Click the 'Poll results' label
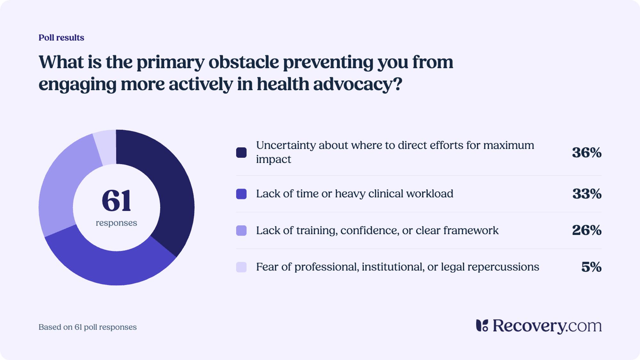[x=61, y=38]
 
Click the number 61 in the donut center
[x=116, y=201]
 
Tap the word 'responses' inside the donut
[x=116, y=223]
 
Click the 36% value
[x=587, y=153]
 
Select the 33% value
[x=587, y=194]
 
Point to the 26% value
[x=587, y=230]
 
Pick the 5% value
[x=591, y=267]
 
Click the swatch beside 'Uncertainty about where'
[x=241, y=153]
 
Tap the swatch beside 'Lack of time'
[x=241, y=194]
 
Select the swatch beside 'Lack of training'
[x=241, y=230]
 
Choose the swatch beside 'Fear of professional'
[x=241, y=267]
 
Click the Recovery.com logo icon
[x=482, y=326]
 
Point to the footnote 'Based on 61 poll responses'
[x=88, y=327]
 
